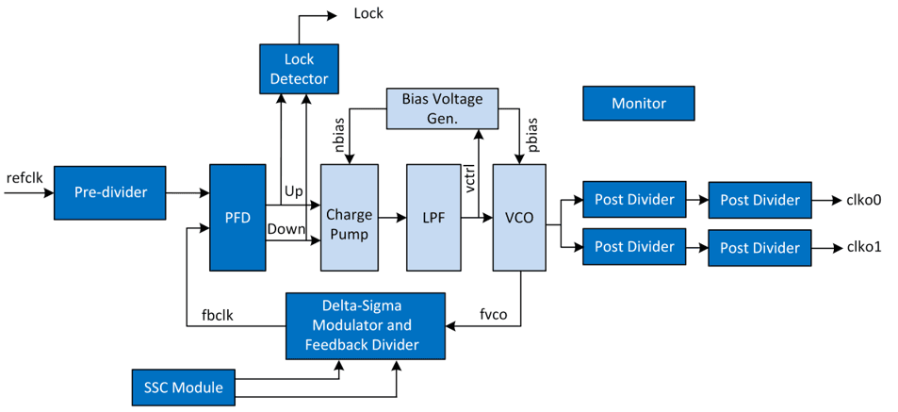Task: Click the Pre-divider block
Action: (110, 192)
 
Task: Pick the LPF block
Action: (432, 217)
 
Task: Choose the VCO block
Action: (519, 217)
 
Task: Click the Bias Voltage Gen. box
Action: (442, 108)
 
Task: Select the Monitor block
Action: (638, 104)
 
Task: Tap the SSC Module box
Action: (183, 387)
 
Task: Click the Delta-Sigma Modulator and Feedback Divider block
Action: (365, 325)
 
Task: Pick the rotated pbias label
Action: (532, 137)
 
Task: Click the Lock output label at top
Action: (367, 13)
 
